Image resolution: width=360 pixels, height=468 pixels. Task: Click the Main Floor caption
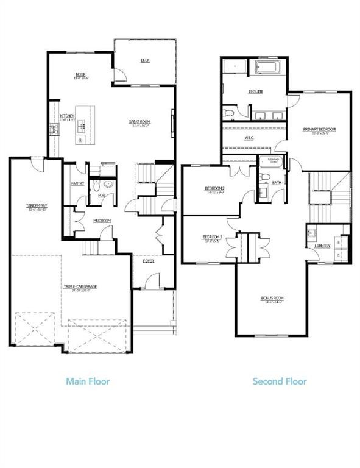(88, 381)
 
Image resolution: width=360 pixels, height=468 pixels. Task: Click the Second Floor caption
(280, 381)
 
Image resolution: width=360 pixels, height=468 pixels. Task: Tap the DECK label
(145, 60)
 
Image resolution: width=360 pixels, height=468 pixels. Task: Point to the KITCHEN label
(67, 116)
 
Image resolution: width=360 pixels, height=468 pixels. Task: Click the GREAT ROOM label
(139, 122)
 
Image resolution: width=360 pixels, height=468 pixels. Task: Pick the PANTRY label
(77, 183)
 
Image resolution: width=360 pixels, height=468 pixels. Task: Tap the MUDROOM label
(101, 221)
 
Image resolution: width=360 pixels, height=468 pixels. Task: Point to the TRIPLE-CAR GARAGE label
(81, 287)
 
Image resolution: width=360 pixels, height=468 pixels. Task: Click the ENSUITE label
(256, 92)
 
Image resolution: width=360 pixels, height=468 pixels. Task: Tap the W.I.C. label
(249, 138)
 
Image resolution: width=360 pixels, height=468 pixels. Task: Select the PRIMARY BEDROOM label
(319, 130)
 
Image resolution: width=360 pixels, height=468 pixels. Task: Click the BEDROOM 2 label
(214, 189)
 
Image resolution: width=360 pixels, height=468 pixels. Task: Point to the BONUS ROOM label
(274, 298)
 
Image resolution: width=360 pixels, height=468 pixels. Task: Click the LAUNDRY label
(323, 246)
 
